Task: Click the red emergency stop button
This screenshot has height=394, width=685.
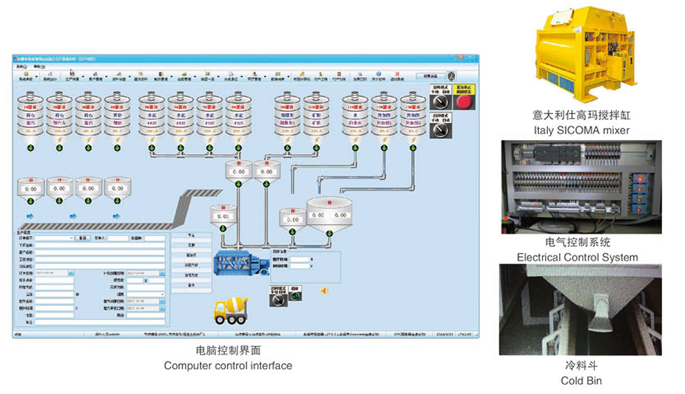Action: [x=462, y=102]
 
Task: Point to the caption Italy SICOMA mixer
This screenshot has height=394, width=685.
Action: [x=582, y=130]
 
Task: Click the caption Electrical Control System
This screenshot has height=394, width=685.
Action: [x=577, y=257]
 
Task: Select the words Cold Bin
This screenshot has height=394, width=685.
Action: [x=581, y=380]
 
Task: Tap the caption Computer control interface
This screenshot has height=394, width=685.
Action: [x=228, y=365]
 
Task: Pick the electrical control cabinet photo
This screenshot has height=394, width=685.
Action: [x=581, y=187]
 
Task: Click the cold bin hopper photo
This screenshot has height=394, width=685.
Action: [x=580, y=309]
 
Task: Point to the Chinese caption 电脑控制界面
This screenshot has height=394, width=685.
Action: [x=228, y=351]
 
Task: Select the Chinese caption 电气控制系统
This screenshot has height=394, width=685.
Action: [x=578, y=242]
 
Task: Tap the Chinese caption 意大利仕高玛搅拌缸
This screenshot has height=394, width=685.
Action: [x=582, y=115]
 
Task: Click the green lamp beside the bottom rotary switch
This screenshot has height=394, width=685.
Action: [x=293, y=298]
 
